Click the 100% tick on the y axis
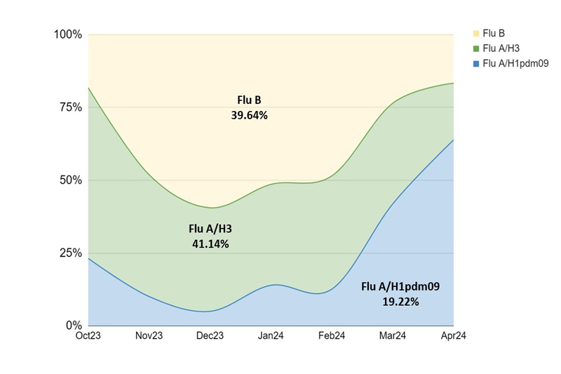(69, 34)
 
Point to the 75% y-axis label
(71, 107)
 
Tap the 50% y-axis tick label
(71, 180)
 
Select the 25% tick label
(71, 253)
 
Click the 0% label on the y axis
(74, 326)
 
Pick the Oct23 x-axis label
(88, 337)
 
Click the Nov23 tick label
(149, 337)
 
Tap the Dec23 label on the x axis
(210, 337)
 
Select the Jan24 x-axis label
(271, 337)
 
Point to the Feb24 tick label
(331, 337)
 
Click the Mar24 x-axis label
(392, 337)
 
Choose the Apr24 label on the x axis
(452, 337)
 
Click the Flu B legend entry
(494, 33)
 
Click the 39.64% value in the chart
(249, 116)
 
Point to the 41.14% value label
(210, 244)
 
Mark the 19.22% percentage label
(400, 302)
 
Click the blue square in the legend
(476, 64)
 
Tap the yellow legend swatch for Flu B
(476, 33)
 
